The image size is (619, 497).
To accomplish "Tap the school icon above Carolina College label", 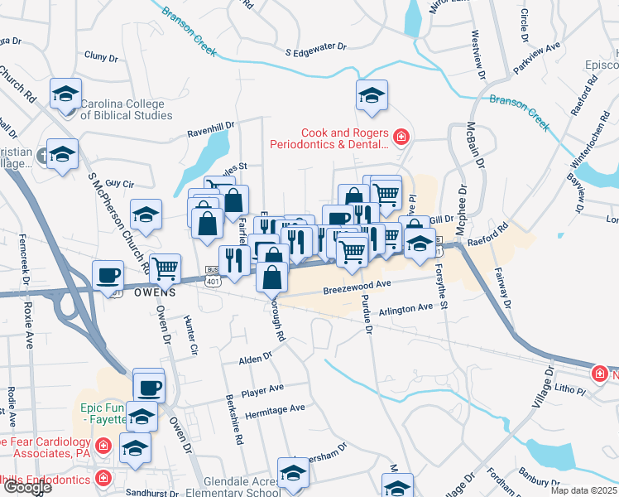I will pyautogui.click(x=65, y=94).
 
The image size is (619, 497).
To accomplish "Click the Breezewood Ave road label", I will pyautogui.click(x=357, y=284).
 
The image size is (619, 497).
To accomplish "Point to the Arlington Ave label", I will pyautogui.click(x=405, y=308).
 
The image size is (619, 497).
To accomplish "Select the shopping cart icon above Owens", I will pyautogui.click(x=166, y=268).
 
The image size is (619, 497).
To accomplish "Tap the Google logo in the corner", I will pyautogui.click(x=26, y=487).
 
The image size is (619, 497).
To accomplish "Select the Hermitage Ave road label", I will pyautogui.click(x=275, y=408).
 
